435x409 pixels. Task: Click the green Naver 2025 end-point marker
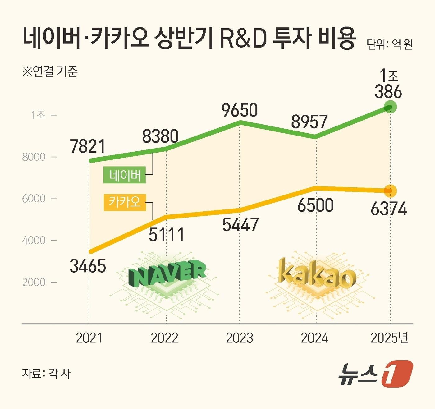390,107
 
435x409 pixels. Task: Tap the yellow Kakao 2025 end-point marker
390,191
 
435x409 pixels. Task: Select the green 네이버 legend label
125,176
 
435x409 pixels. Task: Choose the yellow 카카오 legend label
125,202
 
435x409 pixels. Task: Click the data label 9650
240,110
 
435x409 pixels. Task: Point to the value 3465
88,266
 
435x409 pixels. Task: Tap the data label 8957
309,122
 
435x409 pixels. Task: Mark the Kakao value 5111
166,235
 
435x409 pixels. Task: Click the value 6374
389,209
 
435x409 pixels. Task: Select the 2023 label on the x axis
239,338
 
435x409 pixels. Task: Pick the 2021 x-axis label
89,338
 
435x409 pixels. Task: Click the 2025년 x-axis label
389,338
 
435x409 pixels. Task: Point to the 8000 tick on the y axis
34,157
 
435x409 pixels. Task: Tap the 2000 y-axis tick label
34,283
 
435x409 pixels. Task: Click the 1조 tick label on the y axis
38,115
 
